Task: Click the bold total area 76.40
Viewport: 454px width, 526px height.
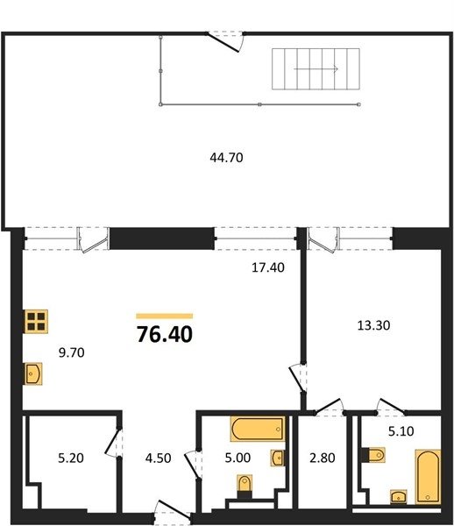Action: tap(165, 335)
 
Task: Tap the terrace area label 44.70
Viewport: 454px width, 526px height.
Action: tap(226, 157)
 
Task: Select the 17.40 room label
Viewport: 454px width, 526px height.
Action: tap(268, 267)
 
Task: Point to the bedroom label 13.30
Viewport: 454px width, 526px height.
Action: tap(373, 325)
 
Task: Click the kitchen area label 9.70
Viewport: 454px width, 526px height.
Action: tap(71, 352)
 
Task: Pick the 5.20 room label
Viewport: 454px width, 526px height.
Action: tap(71, 458)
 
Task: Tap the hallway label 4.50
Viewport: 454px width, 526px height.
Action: tap(158, 458)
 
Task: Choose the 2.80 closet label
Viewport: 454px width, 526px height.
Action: tap(323, 458)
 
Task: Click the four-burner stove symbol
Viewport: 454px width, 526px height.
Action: tap(36, 322)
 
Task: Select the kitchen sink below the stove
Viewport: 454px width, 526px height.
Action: tap(33, 373)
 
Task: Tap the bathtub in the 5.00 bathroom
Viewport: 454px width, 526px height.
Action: tap(258, 429)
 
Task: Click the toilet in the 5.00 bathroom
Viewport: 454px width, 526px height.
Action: tap(245, 486)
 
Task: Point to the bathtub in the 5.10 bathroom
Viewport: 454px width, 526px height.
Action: tap(428, 477)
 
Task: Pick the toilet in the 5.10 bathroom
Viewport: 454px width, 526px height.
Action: tap(373, 455)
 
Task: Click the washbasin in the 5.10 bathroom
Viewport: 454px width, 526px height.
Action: tap(399, 496)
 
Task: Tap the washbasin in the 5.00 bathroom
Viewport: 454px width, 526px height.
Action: tap(278, 458)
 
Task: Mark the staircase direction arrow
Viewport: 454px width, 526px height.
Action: tap(316, 69)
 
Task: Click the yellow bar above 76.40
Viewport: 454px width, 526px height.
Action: tap(165, 316)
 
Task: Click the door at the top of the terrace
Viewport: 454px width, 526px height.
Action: tap(224, 42)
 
